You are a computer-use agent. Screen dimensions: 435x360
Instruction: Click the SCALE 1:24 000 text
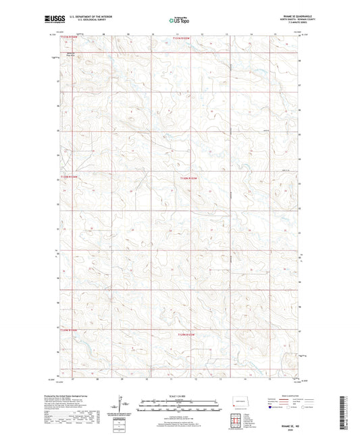pos(180,396)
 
